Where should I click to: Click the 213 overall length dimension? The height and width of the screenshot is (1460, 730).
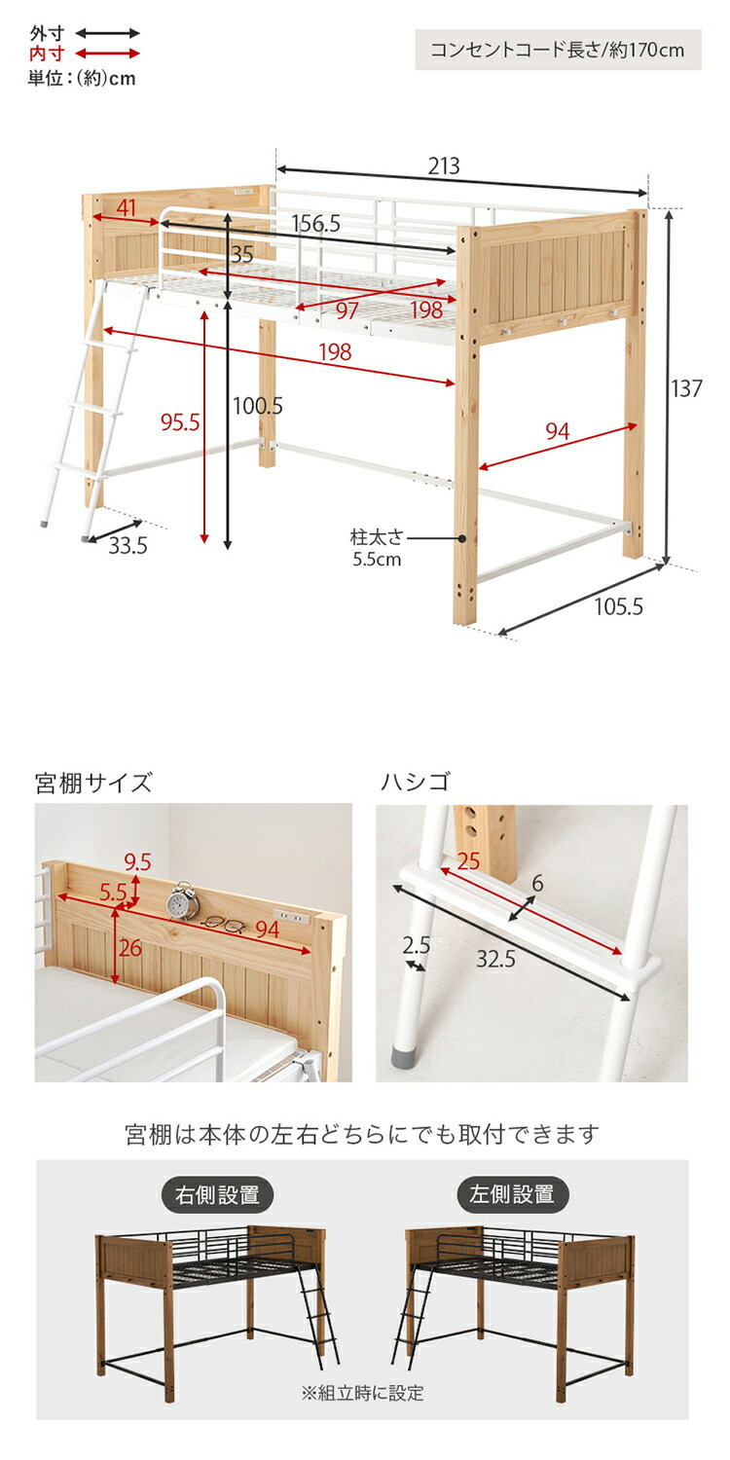point(444,166)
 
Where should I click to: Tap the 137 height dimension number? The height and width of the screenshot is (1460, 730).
point(686,388)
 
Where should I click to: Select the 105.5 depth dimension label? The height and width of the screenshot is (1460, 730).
point(618,606)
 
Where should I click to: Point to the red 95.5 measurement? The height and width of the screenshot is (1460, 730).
point(180,422)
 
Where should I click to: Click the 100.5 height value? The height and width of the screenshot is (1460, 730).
point(258,406)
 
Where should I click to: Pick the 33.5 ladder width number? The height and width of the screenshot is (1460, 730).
point(128,545)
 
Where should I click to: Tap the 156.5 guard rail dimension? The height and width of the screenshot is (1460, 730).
point(315,224)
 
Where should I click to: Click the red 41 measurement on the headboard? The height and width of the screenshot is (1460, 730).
point(126,207)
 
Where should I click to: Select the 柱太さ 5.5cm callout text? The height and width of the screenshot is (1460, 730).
point(377,548)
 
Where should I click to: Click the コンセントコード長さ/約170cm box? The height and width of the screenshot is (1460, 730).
point(558,50)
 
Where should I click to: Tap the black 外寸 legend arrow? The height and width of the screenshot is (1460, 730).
point(107,33)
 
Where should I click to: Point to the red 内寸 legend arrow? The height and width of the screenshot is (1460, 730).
point(107,54)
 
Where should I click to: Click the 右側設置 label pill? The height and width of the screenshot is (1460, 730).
point(217,1194)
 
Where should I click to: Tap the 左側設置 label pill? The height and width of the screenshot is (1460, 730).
point(512,1194)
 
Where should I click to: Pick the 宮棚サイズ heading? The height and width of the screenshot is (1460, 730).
point(93,782)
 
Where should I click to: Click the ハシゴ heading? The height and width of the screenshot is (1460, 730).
point(416,781)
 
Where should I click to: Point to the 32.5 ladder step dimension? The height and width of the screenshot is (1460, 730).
point(495,959)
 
